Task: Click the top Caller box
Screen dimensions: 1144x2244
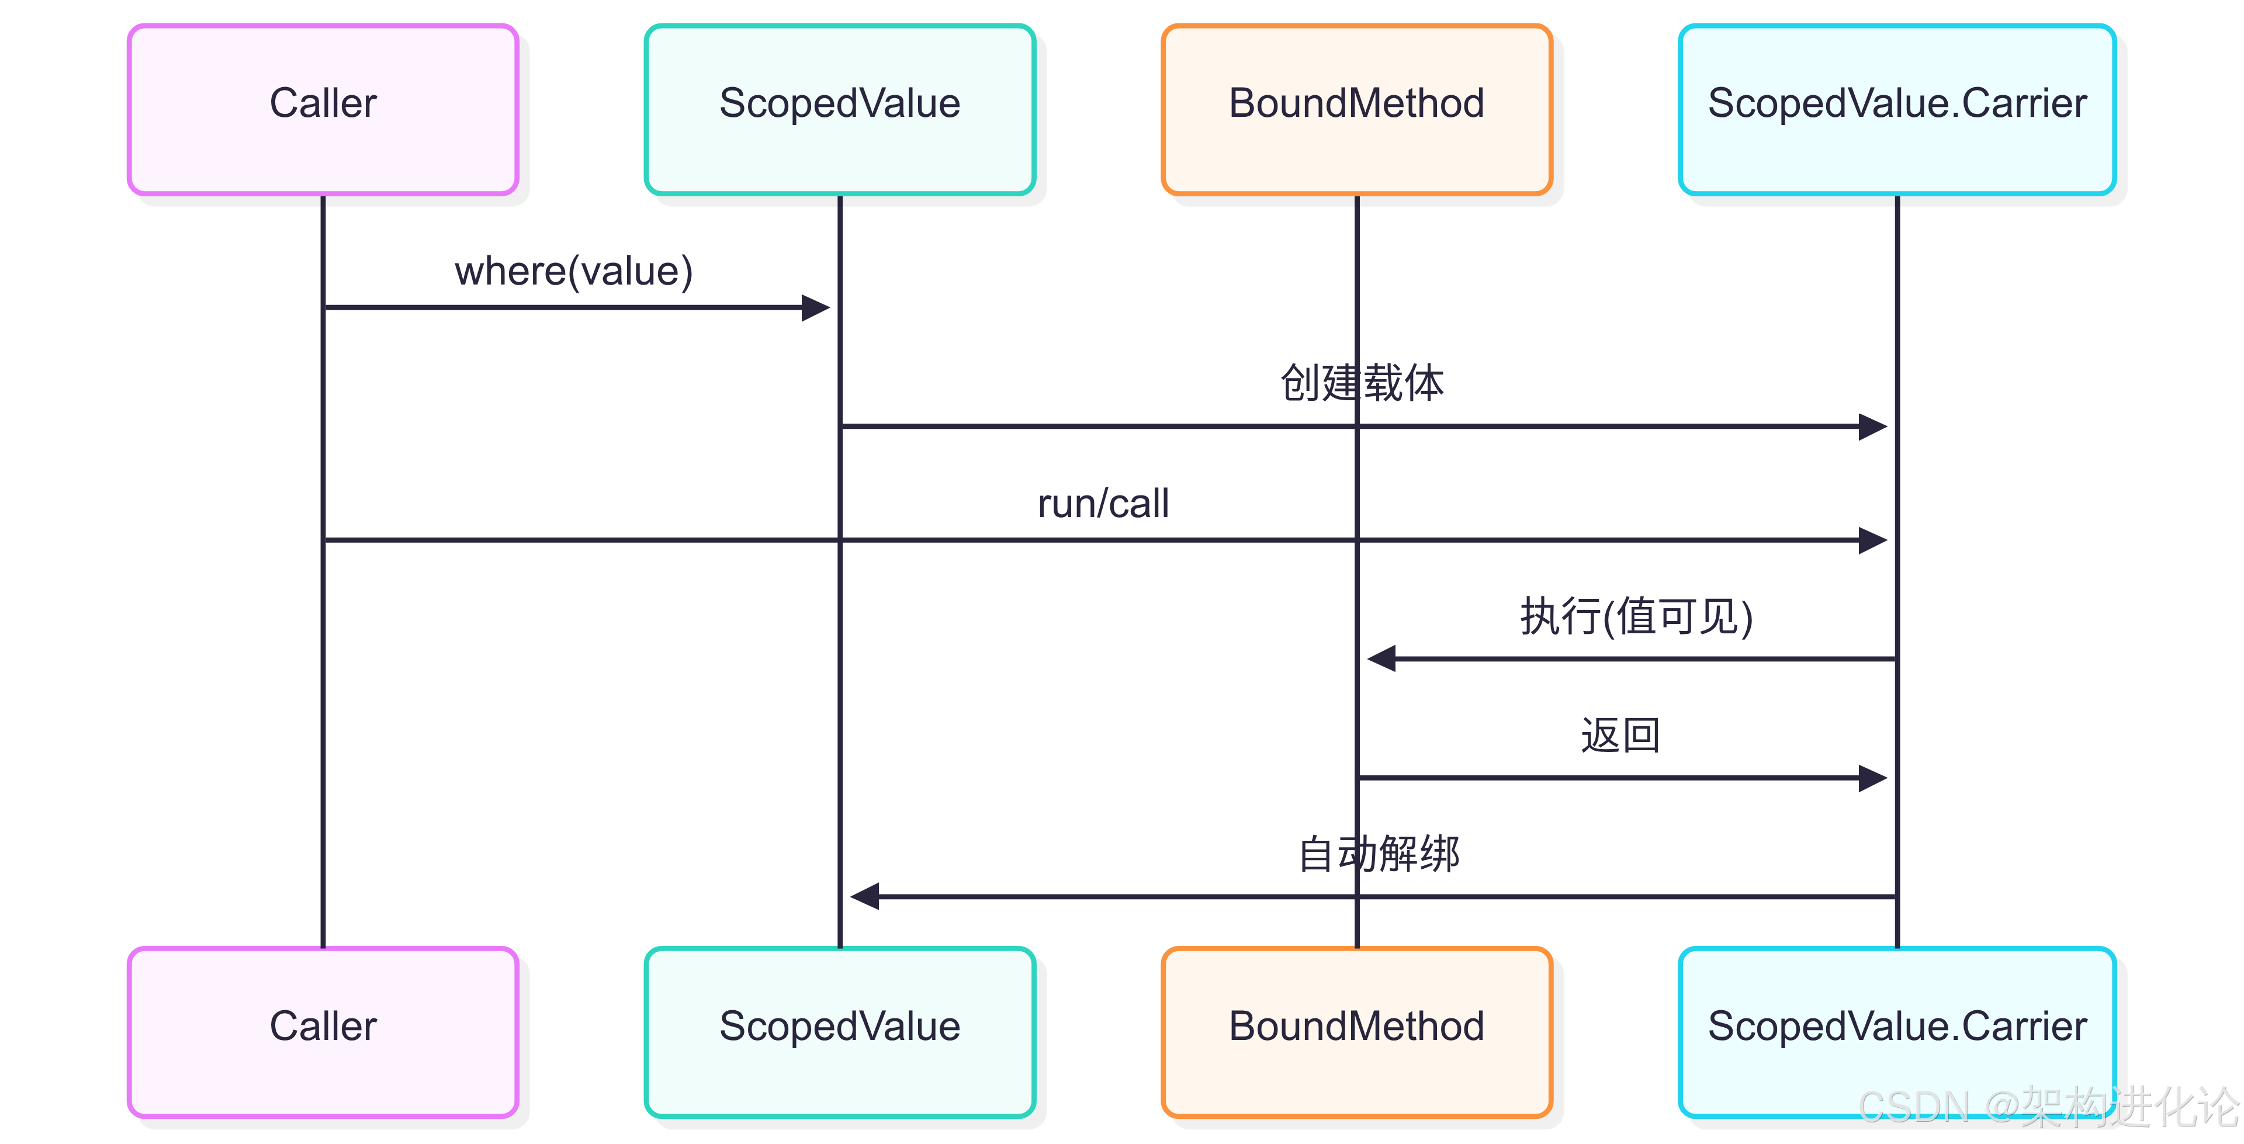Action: click(323, 109)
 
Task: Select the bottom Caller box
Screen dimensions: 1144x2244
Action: click(323, 1032)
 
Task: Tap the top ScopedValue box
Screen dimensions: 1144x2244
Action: click(839, 109)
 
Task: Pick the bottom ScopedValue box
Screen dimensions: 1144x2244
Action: click(839, 1032)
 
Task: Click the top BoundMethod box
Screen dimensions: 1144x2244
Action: click(1356, 109)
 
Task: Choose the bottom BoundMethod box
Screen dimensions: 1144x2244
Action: click(1356, 1032)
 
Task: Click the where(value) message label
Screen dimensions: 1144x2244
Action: click(573, 271)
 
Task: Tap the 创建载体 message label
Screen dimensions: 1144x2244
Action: click(1362, 383)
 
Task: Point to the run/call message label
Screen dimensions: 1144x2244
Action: click(1103, 504)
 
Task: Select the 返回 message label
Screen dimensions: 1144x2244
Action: click(1620, 736)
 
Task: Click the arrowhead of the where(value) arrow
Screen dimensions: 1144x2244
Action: click(816, 307)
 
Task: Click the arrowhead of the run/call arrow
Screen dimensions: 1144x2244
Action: click(1873, 540)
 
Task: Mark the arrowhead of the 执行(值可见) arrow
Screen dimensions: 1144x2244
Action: click(1381, 658)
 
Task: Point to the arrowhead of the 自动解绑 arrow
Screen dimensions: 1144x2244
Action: click(864, 896)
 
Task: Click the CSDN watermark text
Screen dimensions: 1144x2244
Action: click(2047, 1107)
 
